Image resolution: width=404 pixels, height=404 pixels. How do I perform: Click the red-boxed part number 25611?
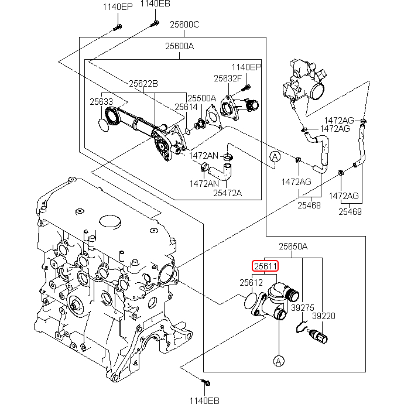coord(265,266)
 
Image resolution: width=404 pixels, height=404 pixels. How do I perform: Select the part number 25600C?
coord(184,25)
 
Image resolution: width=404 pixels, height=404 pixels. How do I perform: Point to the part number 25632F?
coord(227,78)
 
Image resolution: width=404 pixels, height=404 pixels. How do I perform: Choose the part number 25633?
coord(101,101)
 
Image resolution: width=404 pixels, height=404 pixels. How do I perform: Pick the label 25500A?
coord(201,98)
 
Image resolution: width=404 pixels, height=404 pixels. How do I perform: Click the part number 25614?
coord(186,107)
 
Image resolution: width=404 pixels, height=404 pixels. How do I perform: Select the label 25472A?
coord(227,192)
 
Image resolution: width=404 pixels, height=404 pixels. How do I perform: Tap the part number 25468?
coord(309,205)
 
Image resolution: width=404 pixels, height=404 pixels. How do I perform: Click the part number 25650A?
coord(293,246)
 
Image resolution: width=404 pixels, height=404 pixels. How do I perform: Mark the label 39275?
coord(303,306)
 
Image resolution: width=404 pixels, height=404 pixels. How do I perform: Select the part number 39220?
coord(323,315)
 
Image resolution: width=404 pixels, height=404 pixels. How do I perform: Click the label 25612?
coord(251,282)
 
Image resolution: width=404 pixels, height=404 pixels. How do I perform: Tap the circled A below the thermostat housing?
coord(278,360)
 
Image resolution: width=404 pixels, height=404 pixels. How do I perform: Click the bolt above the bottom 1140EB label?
coord(207,383)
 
